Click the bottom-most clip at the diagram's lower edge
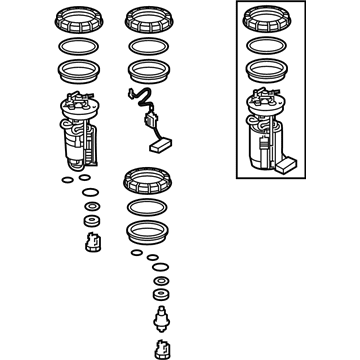pos(159,347)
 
